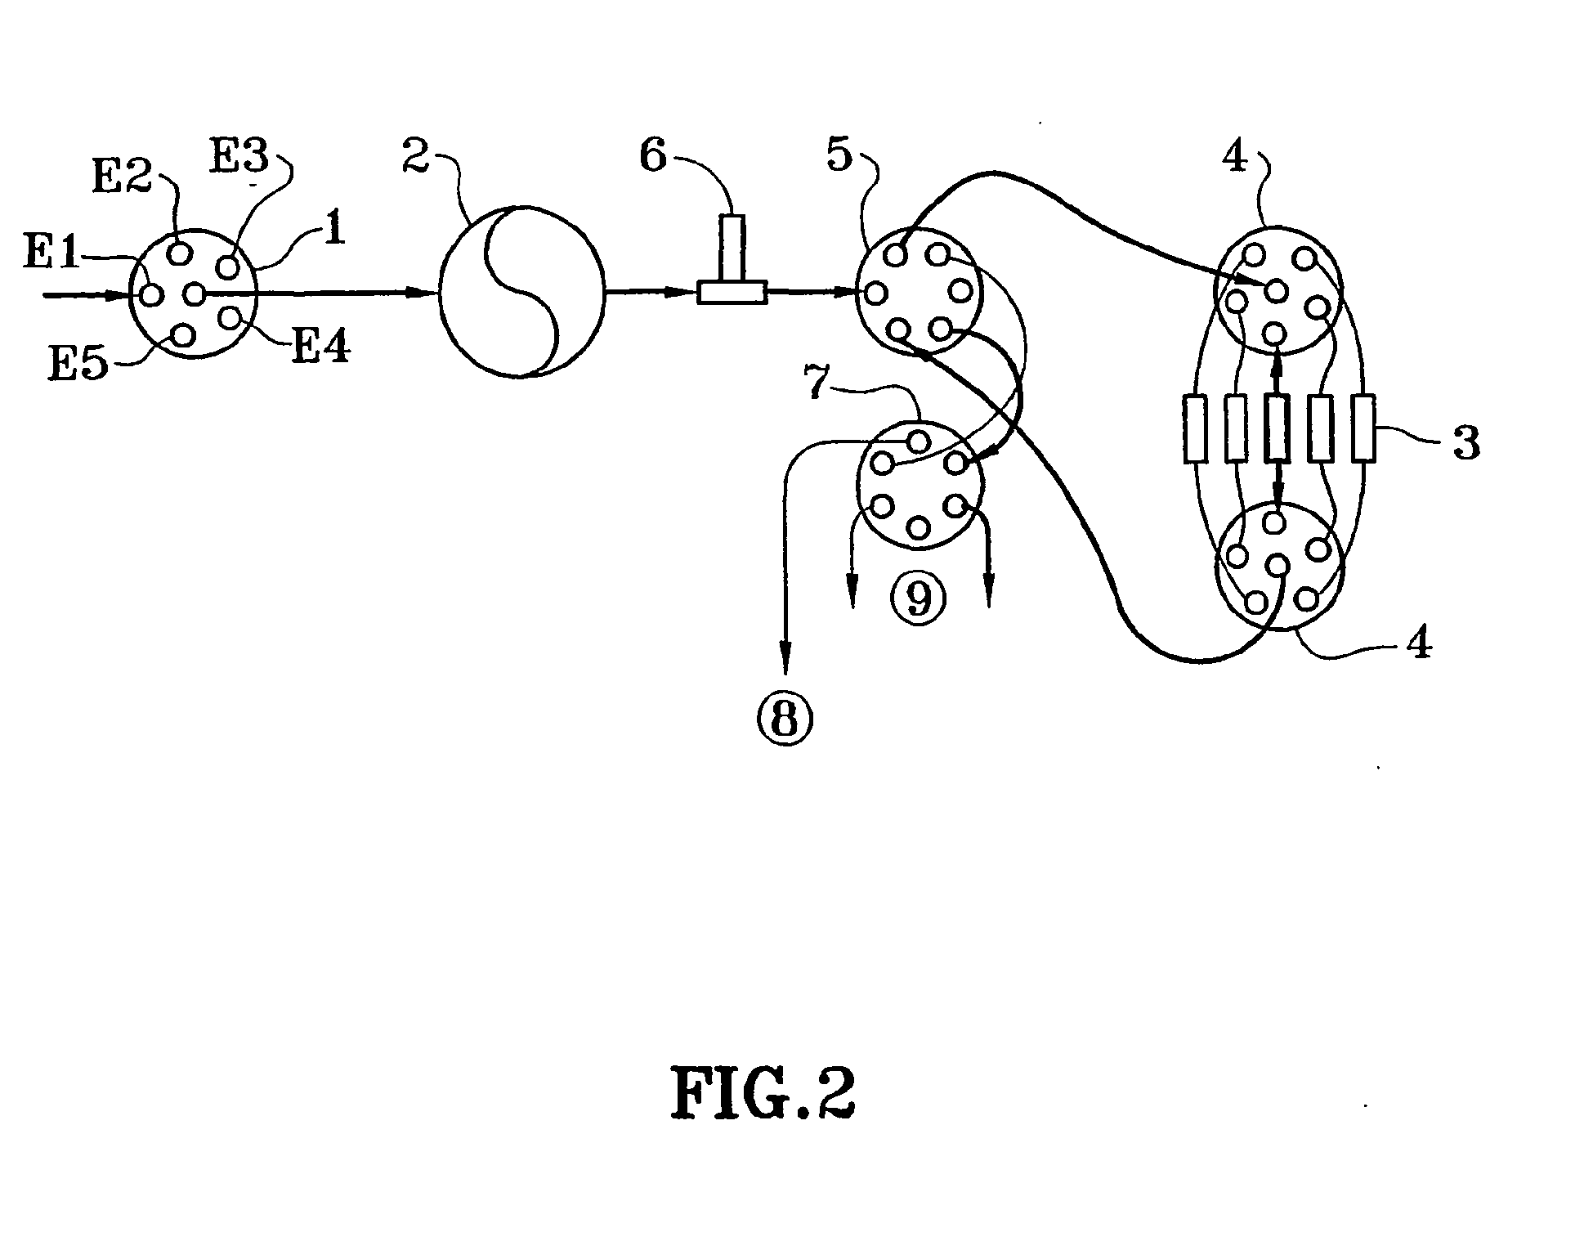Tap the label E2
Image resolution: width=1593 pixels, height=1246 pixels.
click(122, 177)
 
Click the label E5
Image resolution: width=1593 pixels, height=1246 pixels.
click(78, 365)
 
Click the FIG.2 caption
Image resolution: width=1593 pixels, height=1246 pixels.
click(763, 1095)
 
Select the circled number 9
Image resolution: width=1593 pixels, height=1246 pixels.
click(920, 598)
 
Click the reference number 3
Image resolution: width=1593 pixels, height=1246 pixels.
click(1466, 443)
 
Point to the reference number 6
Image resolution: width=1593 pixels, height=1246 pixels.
click(652, 154)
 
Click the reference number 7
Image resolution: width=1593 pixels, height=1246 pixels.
click(818, 384)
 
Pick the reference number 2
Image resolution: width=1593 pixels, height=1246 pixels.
click(415, 155)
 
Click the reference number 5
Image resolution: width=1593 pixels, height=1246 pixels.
click(839, 155)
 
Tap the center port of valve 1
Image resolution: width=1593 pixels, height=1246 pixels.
click(195, 293)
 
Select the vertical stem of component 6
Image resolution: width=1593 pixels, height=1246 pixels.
click(733, 248)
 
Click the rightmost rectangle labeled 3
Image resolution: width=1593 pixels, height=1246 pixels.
click(1363, 428)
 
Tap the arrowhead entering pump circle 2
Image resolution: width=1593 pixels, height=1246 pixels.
click(430, 293)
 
